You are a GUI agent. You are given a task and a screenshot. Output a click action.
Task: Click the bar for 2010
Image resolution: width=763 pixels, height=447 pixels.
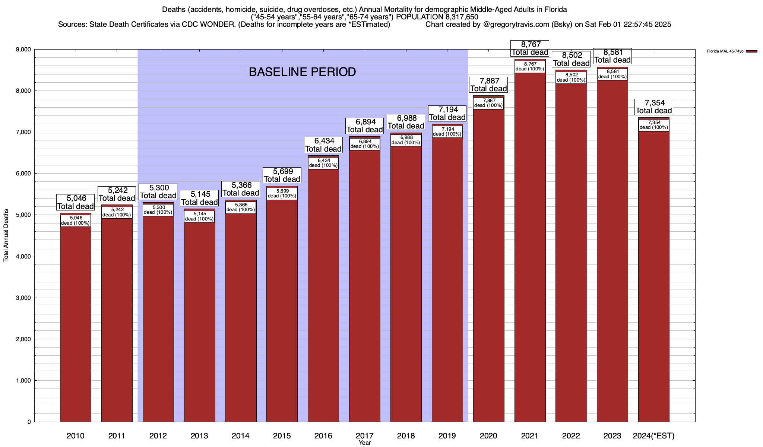coord(76,320)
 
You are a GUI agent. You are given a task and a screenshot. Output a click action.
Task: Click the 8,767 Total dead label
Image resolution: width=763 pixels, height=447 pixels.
coord(530,48)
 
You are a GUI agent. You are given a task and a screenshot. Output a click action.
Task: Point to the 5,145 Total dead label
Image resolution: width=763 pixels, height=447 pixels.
coord(199,198)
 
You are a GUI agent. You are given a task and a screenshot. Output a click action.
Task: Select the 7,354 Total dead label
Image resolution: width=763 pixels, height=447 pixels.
coord(653,107)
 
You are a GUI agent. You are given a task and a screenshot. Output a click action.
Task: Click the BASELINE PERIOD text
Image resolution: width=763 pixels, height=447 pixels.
coord(302,72)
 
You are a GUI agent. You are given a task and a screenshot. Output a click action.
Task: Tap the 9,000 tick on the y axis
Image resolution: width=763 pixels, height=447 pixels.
coord(23,50)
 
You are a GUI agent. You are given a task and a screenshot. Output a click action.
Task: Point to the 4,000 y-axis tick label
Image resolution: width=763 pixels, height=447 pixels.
coord(23,256)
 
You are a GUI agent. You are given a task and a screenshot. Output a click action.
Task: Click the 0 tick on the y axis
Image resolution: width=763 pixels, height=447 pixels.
coord(29,422)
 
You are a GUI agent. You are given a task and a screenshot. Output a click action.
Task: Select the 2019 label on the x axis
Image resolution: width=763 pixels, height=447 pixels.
coord(447,435)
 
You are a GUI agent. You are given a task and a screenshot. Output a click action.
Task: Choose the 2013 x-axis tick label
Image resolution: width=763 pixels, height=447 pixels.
coord(199,435)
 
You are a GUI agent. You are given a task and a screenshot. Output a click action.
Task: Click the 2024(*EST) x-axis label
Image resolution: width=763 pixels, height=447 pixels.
coord(653,435)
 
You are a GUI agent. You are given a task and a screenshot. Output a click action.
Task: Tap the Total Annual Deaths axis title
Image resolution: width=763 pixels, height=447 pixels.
coord(6,235)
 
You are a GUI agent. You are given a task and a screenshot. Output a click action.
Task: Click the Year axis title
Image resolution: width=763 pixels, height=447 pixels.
coord(365,443)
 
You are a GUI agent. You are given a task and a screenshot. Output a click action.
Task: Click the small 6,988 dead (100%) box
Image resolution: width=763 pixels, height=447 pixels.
coord(406,140)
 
